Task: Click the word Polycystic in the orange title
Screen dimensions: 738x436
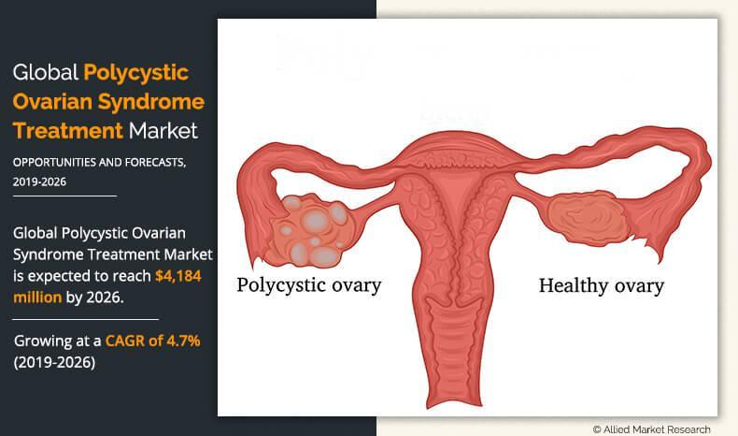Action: pos(136,74)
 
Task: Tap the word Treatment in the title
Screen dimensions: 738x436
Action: pos(68,131)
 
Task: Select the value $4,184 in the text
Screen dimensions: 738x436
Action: pos(178,276)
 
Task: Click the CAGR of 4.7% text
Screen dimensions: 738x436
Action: pos(153,341)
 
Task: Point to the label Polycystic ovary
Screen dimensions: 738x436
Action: pos(309,285)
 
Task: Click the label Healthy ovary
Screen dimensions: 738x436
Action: pos(602,286)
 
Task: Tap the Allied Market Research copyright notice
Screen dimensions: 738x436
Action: pos(651,429)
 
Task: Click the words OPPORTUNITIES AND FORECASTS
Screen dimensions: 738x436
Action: pos(99,163)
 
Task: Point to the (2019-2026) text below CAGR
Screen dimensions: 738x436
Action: pos(54,362)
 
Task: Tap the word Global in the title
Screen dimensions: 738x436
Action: pos(45,73)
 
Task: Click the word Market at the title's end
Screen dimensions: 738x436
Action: pos(163,131)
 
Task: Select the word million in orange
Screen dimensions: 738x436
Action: pos(37,298)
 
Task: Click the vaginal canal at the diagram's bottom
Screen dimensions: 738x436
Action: pos(455,354)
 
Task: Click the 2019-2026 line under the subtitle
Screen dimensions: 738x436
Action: pos(39,182)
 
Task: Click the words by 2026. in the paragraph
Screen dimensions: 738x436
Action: pos(95,298)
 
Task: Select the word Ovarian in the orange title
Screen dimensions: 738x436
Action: pos(52,102)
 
